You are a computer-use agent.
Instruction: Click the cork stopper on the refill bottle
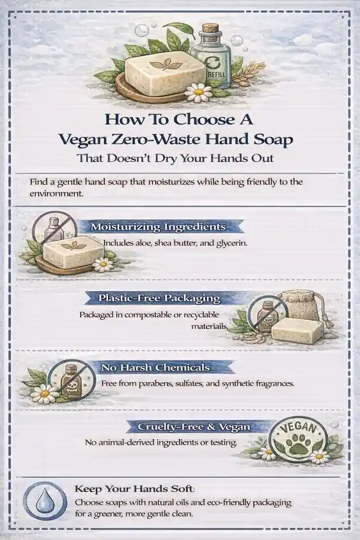[x=210, y=29]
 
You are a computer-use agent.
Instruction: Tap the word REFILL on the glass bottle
[x=217, y=74]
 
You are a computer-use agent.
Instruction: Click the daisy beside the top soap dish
[x=199, y=92]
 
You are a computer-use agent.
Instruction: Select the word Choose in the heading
[x=201, y=120]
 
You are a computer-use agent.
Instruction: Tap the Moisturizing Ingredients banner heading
[x=159, y=227]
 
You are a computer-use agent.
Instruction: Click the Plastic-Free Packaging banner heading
[x=159, y=298]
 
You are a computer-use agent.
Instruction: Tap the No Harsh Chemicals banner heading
[x=155, y=367]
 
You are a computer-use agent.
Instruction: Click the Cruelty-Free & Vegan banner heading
[x=194, y=427]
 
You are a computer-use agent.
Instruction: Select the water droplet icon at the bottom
[x=45, y=500]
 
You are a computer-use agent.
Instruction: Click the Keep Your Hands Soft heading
[x=134, y=489]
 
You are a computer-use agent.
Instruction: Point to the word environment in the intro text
[x=56, y=193]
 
